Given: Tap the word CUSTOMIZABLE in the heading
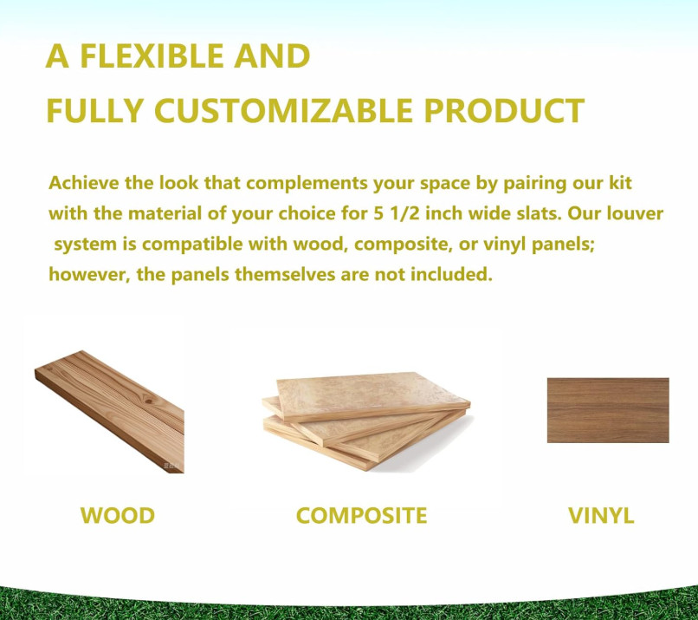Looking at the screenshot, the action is coord(283,110).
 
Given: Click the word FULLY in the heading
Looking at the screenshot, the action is coord(94,110).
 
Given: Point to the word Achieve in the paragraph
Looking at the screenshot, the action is coord(84,183).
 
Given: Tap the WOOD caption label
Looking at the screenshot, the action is coord(118,516).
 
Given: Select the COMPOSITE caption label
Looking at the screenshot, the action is coord(361,516).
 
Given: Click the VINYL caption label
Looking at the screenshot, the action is coord(601,516).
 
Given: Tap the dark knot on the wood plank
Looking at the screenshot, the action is coord(148,402).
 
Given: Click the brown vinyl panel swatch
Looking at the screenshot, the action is coord(608,410).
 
